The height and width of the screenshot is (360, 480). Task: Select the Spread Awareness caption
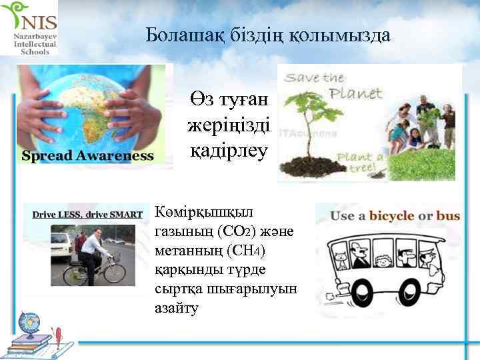click(88, 156)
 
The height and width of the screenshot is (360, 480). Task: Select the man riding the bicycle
click(93, 250)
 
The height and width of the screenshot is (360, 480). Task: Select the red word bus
click(448, 217)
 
